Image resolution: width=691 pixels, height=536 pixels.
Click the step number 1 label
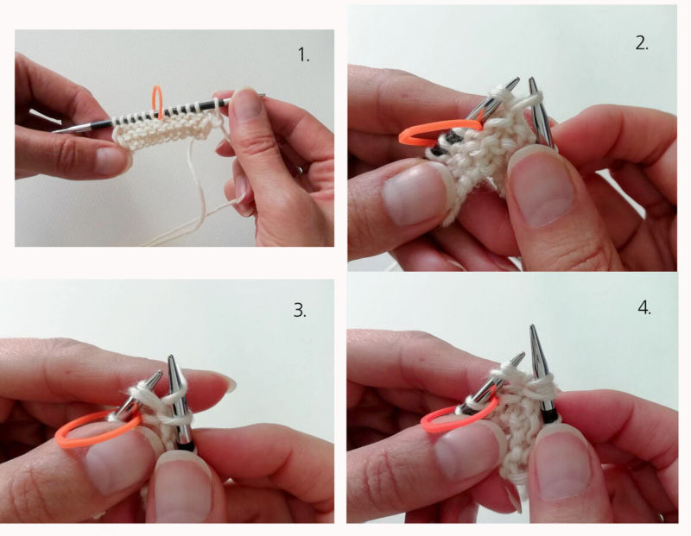(304, 55)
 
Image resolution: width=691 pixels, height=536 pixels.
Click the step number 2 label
(642, 43)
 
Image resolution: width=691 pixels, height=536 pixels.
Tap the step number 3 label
(300, 311)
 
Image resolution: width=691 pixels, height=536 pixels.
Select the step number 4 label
(644, 308)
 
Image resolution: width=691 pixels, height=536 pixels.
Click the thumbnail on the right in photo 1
(246, 103)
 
